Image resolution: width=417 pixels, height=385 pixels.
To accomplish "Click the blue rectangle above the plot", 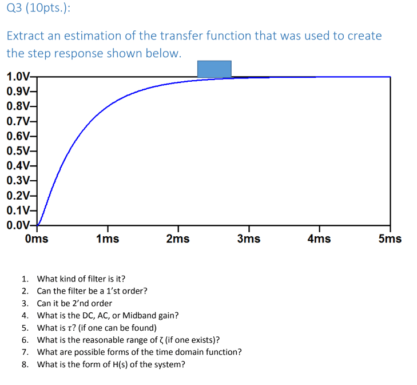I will [214, 69].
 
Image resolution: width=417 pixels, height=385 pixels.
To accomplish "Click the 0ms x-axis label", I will [37, 239].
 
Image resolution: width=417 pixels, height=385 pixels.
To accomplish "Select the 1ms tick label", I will [108, 239].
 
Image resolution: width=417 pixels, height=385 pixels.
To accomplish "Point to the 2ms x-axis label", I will [178, 239].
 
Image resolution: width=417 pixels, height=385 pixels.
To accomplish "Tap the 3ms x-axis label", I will [249, 239].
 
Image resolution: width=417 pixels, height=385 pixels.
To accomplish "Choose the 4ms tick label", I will [319, 239].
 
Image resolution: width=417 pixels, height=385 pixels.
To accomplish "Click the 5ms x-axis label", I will [390, 239].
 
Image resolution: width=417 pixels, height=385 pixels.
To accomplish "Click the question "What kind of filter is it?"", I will [81, 279].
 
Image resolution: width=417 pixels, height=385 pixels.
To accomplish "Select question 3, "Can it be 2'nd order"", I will [74, 303].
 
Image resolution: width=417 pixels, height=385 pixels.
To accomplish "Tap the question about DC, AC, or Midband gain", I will [108, 315].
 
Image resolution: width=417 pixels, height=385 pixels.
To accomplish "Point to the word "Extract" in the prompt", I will [23, 35].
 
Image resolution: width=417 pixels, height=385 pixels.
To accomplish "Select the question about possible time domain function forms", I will [139, 352].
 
